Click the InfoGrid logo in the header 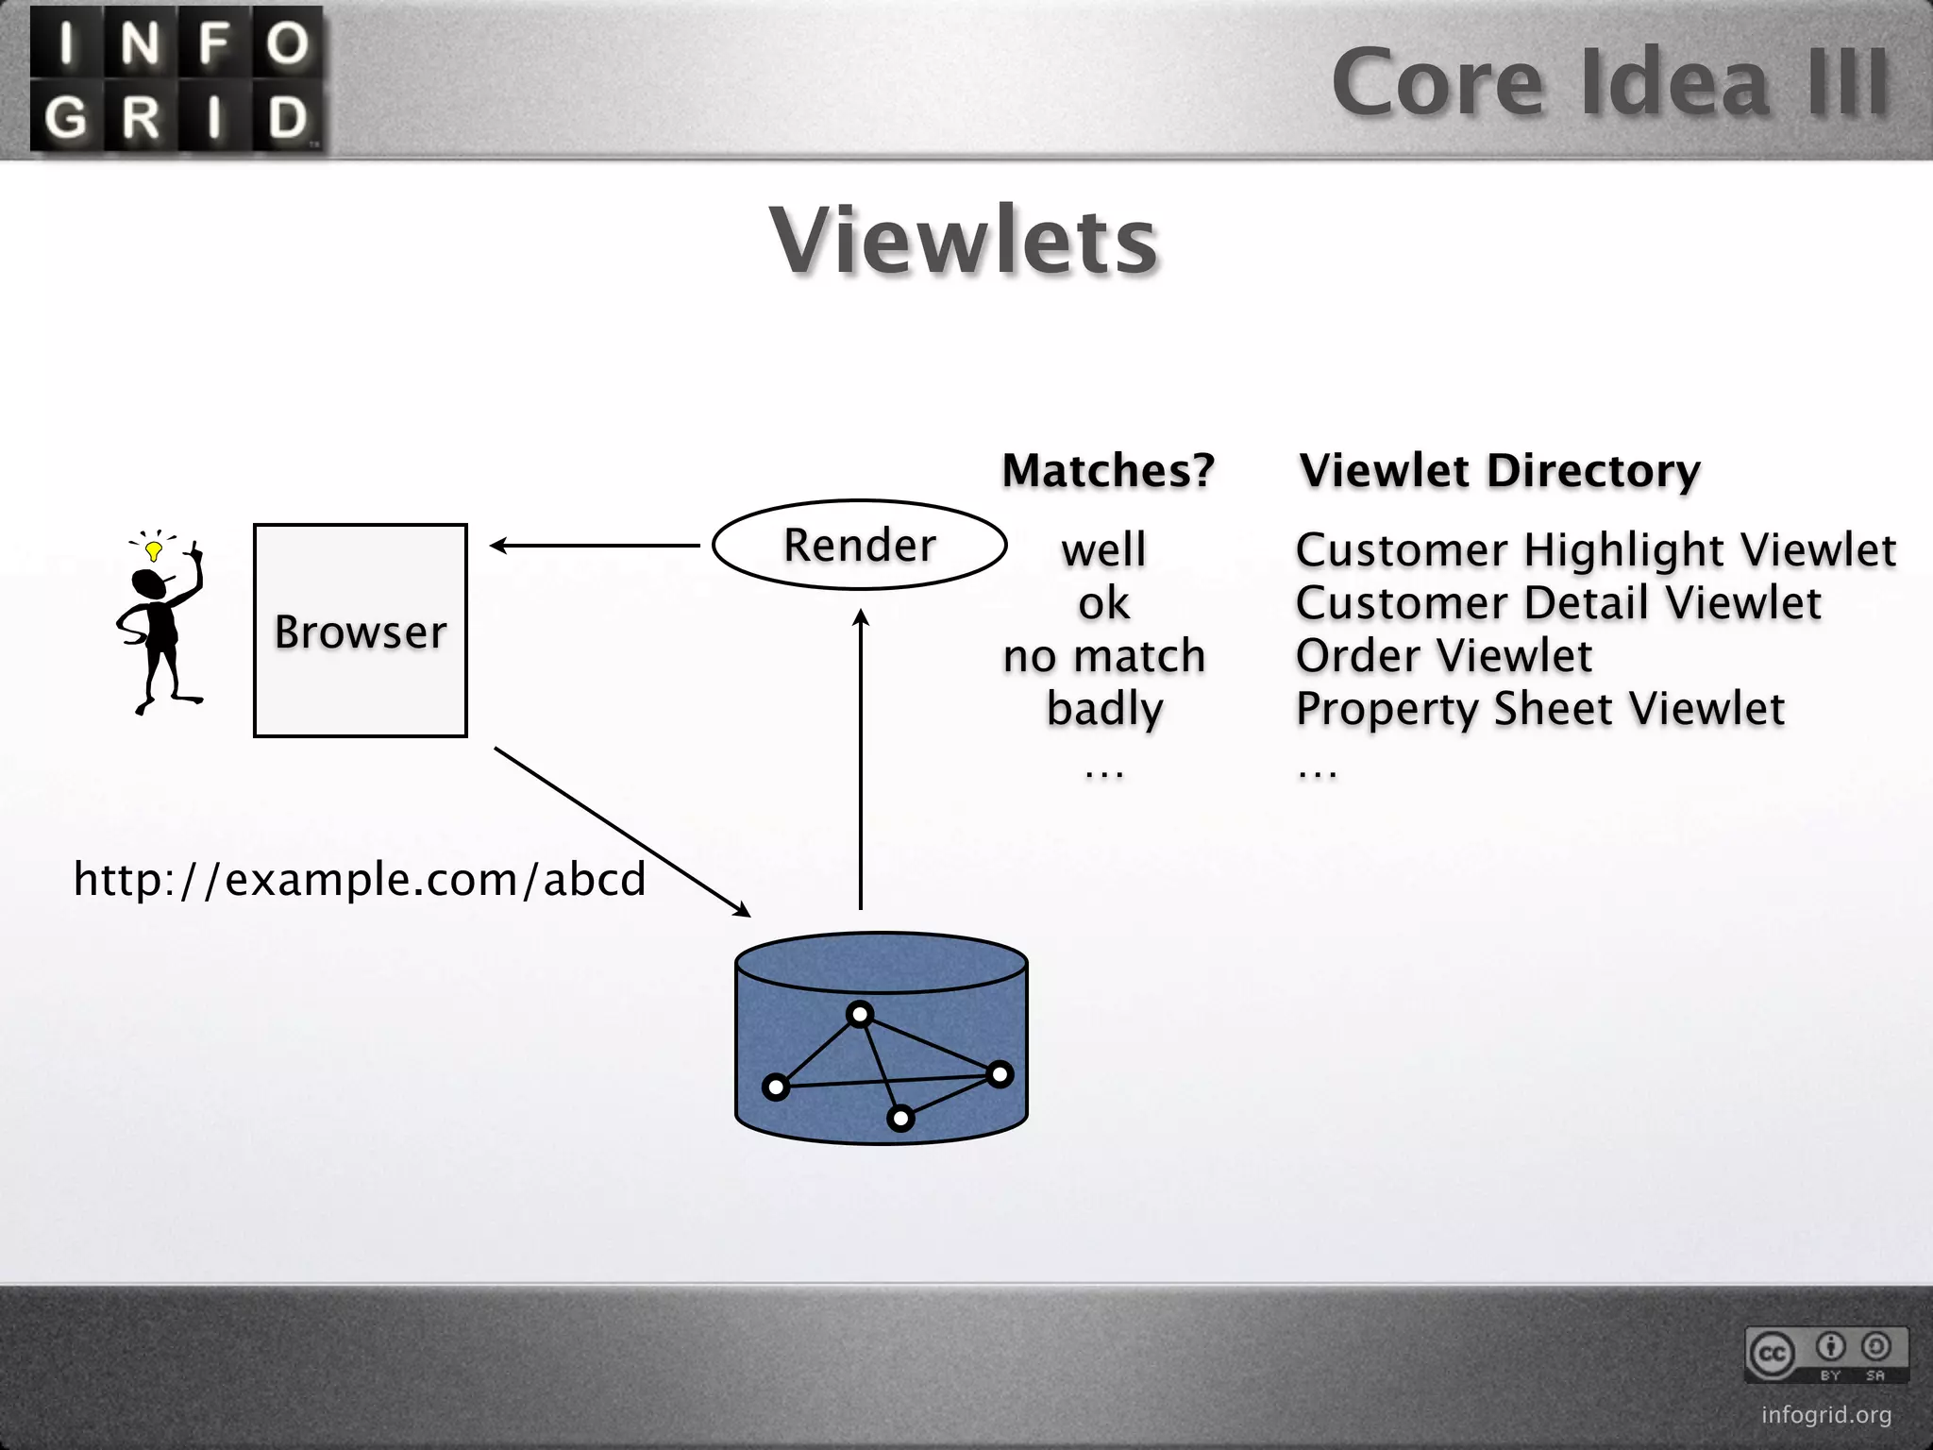[x=177, y=79]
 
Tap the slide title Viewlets [x=964, y=241]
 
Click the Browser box [x=361, y=631]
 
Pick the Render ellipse [x=859, y=545]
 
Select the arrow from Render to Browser [x=595, y=546]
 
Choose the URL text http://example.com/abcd [x=360, y=879]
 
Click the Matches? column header [x=1108, y=470]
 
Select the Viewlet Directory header [x=1500, y=470]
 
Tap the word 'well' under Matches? [x=1103, y=549]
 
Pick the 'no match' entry [x=1104, y=655]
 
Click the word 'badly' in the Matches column [x=1104, y=709]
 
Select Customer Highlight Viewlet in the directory [x=1595, y=549]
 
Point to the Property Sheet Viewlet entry [x=1539, y=709]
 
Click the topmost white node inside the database [x=860, y=1016]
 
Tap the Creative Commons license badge [x=1825, y=1354]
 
